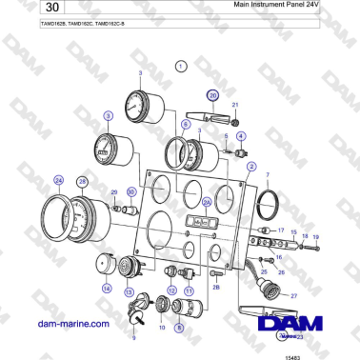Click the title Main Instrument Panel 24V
(x=277, y=5)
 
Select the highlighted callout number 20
(x=213, y=96)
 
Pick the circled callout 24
(x=59, y=179)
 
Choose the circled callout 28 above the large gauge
(x=82, y=182)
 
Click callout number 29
(x=114, y=191)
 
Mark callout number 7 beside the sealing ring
(x=269, y=175)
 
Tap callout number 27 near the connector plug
(x=293, y=297)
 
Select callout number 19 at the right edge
(x=316, y=236)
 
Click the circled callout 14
(x=107, y=288)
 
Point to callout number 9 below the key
(x=134, y=337)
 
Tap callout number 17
(x=281, y=230)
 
